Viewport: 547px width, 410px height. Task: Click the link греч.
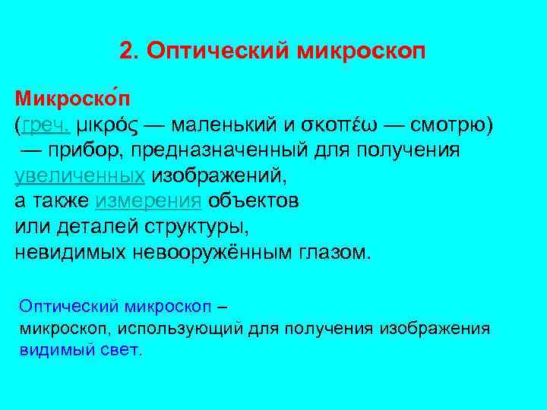[47, 125]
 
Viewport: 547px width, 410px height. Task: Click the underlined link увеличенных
[81, 175]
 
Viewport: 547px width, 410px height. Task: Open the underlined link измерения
[149, 201]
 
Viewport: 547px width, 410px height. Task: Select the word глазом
[331, 252]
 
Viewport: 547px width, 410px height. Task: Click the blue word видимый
[51, 350]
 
